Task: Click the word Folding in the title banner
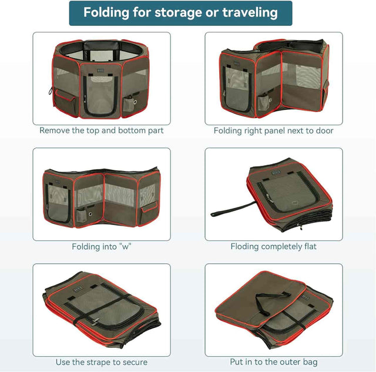tap(106, 13)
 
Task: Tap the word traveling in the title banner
tap(250, 13)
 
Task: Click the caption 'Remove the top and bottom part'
tap(102, 130)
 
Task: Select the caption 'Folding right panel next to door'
tap(274, 130)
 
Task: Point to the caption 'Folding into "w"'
tap(102, 247)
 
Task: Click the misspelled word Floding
tap(244, 247)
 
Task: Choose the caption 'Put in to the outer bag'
tap(274, 361)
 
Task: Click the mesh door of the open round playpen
tap(100, 95)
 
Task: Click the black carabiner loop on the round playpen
tap(51, 91)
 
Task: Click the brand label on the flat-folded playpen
tap(276, 172)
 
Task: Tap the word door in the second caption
tap(324, 130)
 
